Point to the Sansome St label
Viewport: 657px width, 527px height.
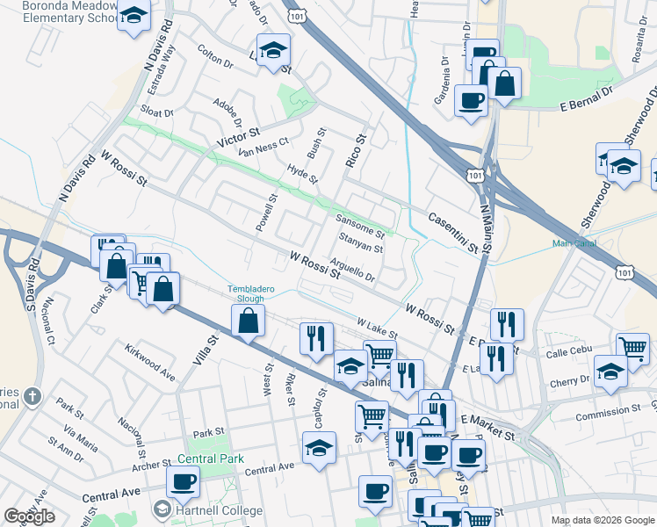coord(361,227)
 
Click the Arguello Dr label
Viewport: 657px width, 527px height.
coord(354,270)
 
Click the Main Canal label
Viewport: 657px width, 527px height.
coord(574,243)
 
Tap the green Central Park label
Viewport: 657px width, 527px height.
coord(209,458)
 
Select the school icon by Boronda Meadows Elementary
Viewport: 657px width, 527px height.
coord(134,16)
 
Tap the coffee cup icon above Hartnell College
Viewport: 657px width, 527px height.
coord(183,481)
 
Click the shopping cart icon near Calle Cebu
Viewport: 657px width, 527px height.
coord(632,347)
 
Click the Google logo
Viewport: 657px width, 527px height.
coord(30,516)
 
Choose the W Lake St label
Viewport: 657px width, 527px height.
coord(377,328)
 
